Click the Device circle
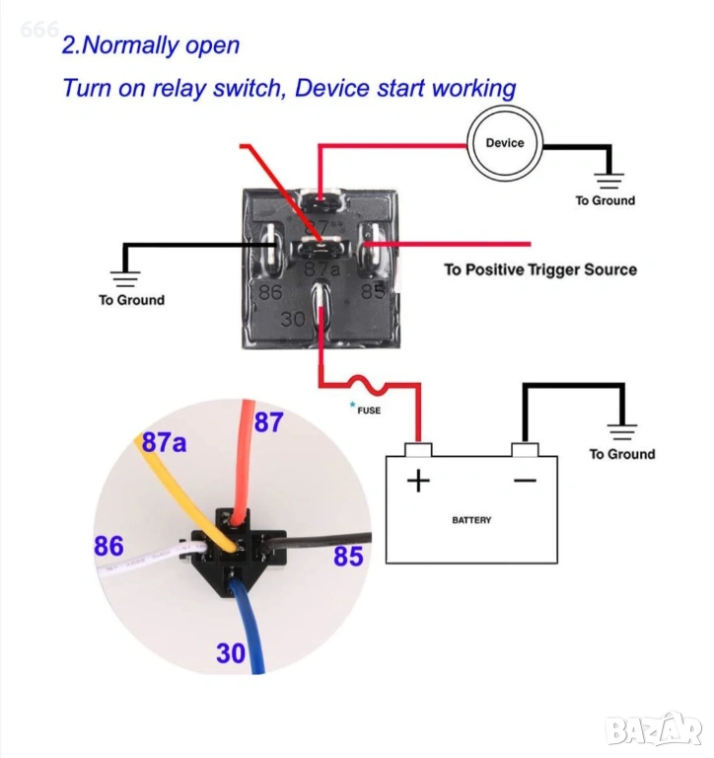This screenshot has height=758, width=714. pyautogui.click(x=505, y=143)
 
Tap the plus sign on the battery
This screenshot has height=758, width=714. pyautogui.click(x=419, y=481)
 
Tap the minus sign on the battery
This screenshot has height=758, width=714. pyautogui.click(x=525, y=480)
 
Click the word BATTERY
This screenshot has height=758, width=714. pyautogui.click(x=471, y=520)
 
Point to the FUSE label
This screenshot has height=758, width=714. pyautogui.click(x=369, y=411)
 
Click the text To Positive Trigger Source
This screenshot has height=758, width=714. pyautogui.click(x=539, y=269)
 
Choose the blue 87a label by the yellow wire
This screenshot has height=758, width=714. pyautogui.click(x=164, y=442)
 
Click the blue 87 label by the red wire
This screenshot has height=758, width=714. pyautogui.click(x=268, y=423)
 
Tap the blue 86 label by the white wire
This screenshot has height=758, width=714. pyautogui.click(x=108, y=546)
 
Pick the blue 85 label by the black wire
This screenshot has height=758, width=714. pyautogui.click(x=348, y=557)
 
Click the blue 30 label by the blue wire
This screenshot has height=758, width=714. pyautogui.click(x=231, y=652)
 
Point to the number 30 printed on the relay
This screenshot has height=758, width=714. pyautogui.click(x=293, y=320)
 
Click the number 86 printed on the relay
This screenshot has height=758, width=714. pyautogui.click(x=270, y=292)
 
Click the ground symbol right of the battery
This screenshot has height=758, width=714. pyautogui.click(x=622, y=431)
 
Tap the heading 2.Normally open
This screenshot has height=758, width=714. pyautogui.click(x=150, y=45)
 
